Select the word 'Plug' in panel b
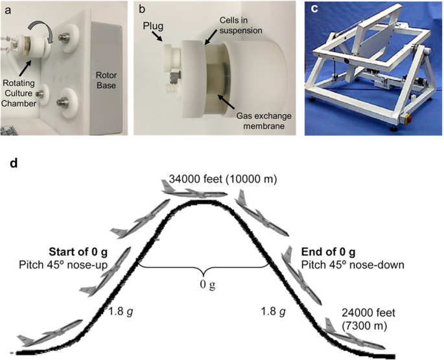tap(150, 28)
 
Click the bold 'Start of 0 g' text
tap(77, 252)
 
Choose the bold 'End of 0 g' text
tap(327, 252)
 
